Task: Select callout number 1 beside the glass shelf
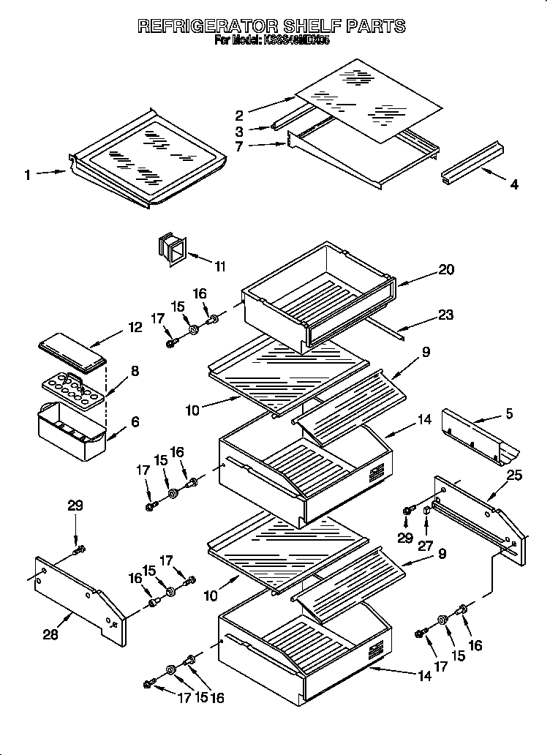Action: point(27,174)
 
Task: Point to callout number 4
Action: point(514,185)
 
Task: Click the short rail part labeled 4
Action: point(471,166)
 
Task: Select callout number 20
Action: point(445,269)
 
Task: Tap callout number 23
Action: point(445,315)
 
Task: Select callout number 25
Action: point(515,476)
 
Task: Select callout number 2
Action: point(239,114)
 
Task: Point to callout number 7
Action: point(238,146)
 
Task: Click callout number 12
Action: point(135,327)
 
